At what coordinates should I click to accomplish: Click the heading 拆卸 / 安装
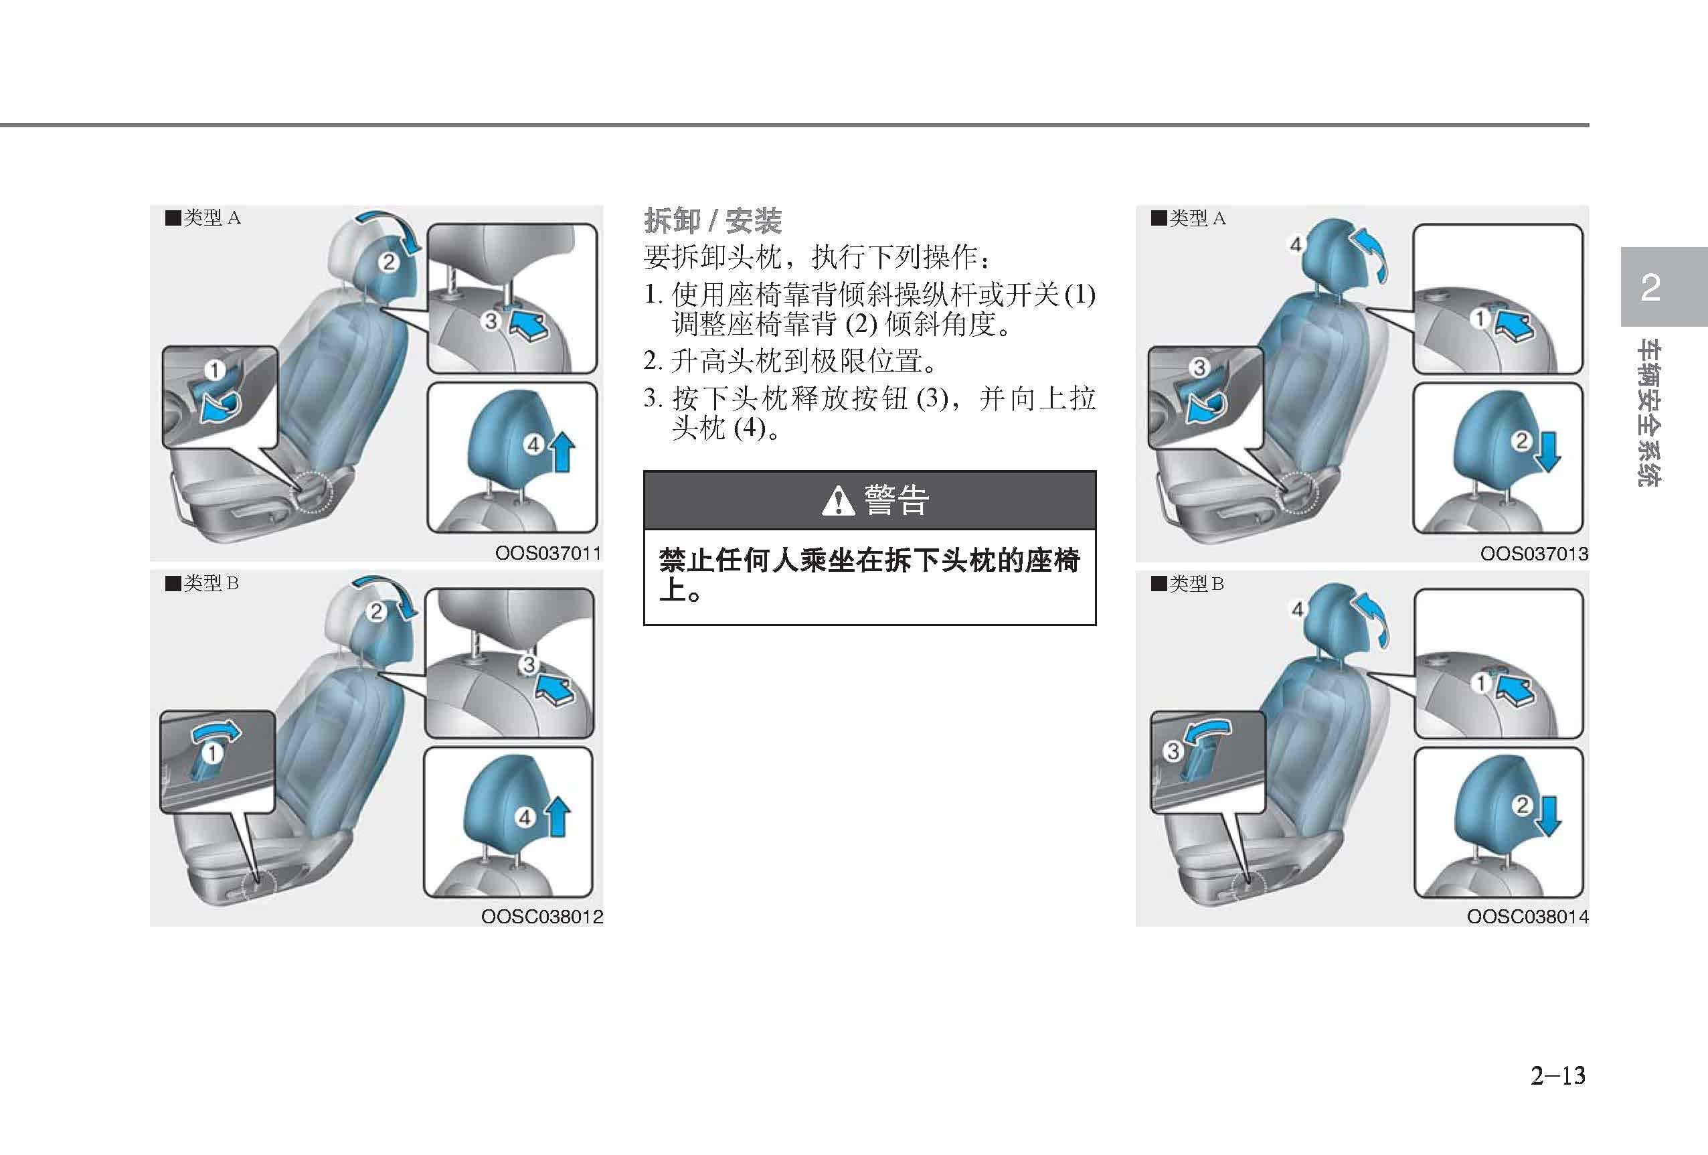click(712, 220)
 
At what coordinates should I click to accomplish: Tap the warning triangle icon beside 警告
click(838, 502)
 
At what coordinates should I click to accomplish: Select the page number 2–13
click(1557, 1075)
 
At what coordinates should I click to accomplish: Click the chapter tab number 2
click(1650, 287)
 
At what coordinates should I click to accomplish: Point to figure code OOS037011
click(547, 553)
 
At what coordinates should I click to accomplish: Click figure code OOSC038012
click(541, 917)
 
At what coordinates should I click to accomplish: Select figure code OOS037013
click(1534, 554)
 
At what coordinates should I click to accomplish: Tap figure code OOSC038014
click(1527, 917)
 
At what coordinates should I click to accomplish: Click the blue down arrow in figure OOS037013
click(1547, 451)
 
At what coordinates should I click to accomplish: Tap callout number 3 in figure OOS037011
click(491, 321)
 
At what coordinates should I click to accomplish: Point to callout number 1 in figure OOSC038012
click(211, 753)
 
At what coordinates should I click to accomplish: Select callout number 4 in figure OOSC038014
click(1297, 609)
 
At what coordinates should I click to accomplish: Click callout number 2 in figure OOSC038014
click(1522, 805)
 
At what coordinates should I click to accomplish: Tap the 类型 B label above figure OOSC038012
click(202, 583)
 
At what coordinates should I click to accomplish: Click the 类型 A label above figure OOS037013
click(1189, 218)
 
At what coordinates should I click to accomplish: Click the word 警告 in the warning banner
click(897, 501)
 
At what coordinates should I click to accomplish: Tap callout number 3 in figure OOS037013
click(1199, 367)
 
